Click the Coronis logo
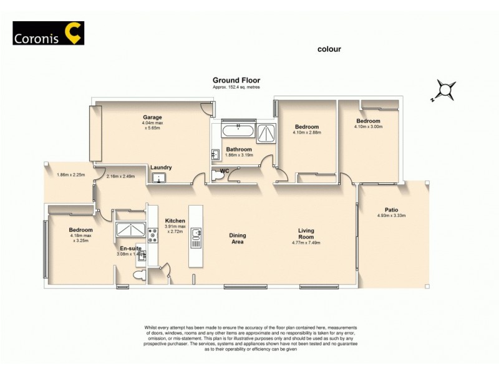[x=48, y=33]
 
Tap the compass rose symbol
[x=444, y=89]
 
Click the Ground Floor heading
[x=236, y=80]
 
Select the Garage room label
[x=152, y=117]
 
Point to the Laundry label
[x=161, y=167]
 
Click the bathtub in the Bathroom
[x=237, y=131]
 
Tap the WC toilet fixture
[x=218, y=177]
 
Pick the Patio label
[x=391, y=210]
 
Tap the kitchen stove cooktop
[x=152, y=235]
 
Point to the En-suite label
[x=129, y=248]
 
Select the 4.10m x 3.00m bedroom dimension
[x=367, y=127]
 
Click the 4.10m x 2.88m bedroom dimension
[x=306, y=132]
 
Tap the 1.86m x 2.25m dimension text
[x=70, y=175]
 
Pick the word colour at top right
[x=329, y=49]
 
